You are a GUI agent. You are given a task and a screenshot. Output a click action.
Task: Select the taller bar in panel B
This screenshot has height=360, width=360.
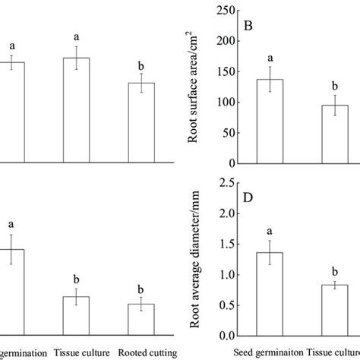point(270,122)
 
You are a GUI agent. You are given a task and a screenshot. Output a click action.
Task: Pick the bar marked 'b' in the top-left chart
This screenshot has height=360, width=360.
point(141,122)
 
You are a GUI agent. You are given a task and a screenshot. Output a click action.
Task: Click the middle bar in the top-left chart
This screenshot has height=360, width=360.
point(76,110)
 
